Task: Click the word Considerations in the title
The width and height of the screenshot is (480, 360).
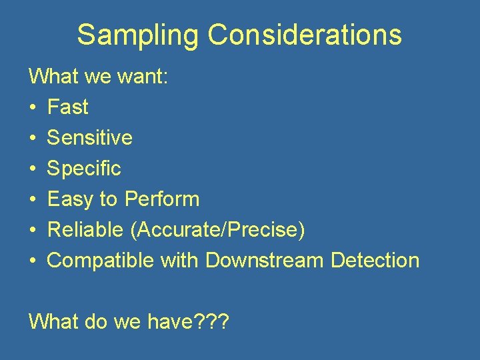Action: [x=305, y=35]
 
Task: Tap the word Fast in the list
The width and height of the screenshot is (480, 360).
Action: [x=68, y=107]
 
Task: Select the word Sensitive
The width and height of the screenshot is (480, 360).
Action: [x=89, y=137]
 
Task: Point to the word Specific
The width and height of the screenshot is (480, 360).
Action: [x=84, y=168]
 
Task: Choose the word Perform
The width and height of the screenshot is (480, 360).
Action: [x=162, y=199]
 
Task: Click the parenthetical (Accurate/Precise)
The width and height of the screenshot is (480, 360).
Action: [x=218, y=229]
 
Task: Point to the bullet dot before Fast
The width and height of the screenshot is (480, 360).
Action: [x=33, y=107]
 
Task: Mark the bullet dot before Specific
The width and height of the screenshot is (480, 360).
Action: [x=33, y=169]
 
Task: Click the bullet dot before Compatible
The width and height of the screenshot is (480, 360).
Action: [x=33, y=261]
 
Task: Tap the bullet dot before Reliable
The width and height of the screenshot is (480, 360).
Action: [x=33, y=230]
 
